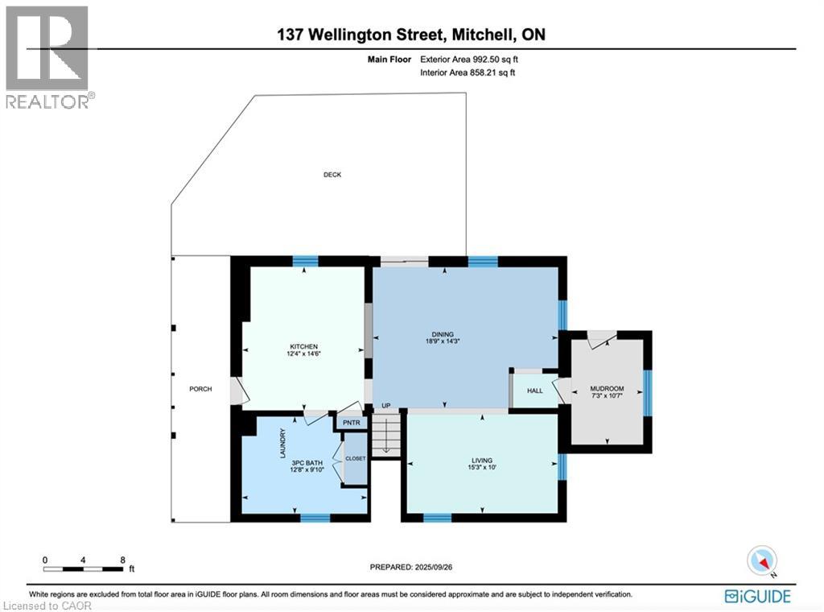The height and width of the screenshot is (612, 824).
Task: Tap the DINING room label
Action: (x=443, y=334)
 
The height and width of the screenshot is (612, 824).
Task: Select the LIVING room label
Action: (x=482, y=461)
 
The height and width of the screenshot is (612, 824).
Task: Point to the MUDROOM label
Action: (x=607, y=388)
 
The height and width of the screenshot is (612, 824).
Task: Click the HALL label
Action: (x=534, y=391)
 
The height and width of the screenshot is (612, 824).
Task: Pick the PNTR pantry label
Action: (x=352, y=422)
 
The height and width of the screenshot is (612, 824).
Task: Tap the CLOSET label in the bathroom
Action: (x=355, y=458)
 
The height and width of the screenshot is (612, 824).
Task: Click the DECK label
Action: (x=332, y=175)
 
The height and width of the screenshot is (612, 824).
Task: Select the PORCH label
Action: (x=200, y=389)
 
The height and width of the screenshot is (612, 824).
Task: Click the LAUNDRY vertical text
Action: (x=281, y=443)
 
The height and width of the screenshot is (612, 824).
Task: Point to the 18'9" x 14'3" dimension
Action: (x=443, y=342)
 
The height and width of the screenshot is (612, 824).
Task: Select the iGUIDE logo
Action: (x=757, y=596)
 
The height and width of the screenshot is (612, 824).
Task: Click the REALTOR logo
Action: (x=48, y=56)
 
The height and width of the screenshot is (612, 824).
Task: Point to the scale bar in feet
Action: (x=84, y=569)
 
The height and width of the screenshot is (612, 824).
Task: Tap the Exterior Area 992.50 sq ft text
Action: (x=475, y=59)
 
